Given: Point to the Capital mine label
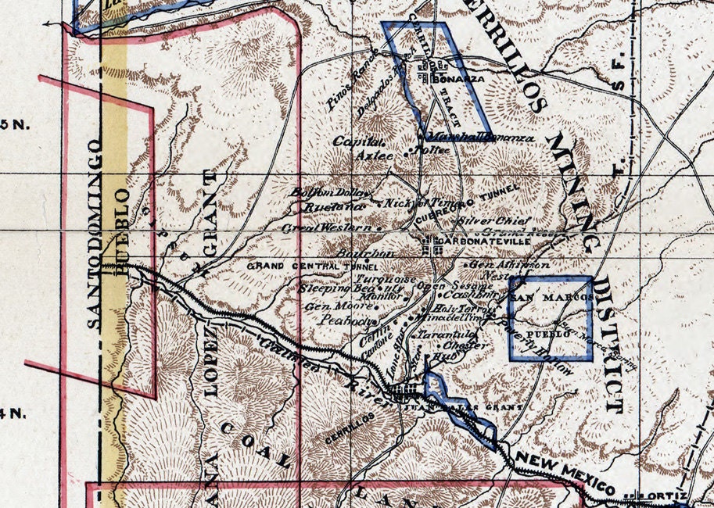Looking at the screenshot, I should click(x=359, y=141).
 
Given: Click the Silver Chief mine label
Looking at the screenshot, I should click(x=495, y=221).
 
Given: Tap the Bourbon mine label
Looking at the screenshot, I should click(x=362, y=253).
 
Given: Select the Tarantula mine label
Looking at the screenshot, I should click(x=441, y=334).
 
